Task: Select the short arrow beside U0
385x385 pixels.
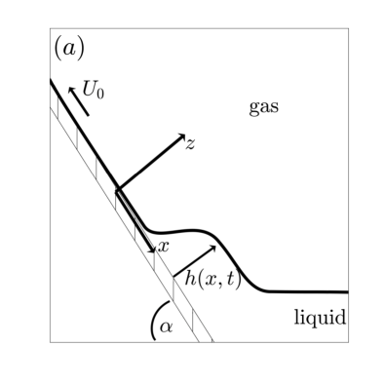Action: coord(77,100)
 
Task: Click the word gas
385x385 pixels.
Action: coord(263,107)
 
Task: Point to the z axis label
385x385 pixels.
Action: coord(191,143)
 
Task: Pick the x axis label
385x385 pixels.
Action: coord(164,247)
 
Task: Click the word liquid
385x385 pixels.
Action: coord(321,318)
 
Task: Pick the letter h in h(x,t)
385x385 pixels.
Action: coord(191,279)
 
